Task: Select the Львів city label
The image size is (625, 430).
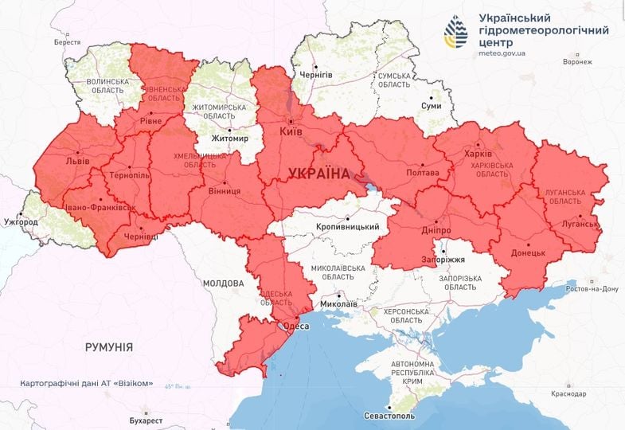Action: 78,160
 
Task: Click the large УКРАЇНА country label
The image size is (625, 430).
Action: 318,173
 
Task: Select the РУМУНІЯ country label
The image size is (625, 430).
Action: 109,347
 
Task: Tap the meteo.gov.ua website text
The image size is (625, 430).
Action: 507,53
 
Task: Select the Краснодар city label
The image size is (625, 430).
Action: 567,393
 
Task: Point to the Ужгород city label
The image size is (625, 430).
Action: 20,221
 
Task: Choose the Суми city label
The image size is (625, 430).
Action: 431,105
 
